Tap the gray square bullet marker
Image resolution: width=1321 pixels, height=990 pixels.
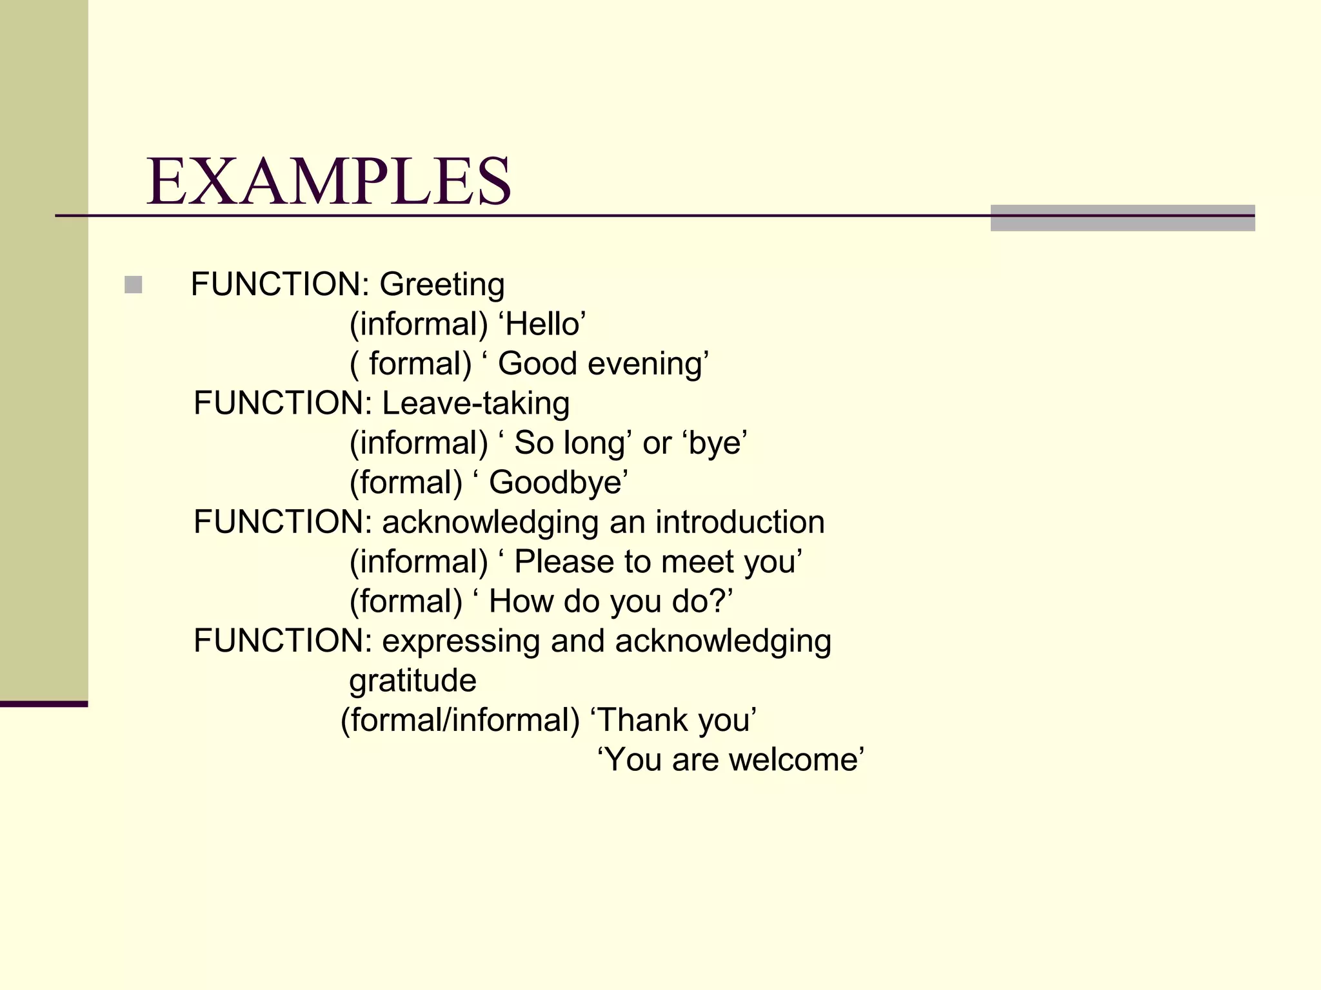(134, 284)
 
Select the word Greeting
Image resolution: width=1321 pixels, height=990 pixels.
(442, 285)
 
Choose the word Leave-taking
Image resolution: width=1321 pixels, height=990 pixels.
(476, 404)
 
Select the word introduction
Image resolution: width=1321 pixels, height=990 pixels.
(740, 522)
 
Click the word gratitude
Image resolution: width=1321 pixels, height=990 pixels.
(413, 681)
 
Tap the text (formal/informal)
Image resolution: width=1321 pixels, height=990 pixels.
(460, 720)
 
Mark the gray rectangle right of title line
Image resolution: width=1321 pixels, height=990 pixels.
(1122, 218)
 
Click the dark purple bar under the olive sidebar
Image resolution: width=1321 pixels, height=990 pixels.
(44, 704)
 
